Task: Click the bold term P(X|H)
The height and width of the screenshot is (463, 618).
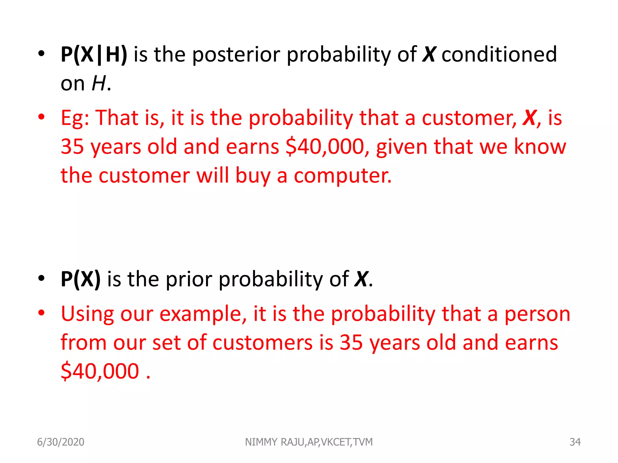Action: (94, 55)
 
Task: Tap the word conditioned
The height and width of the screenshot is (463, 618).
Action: (499, 55)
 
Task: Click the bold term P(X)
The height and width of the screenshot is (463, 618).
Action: (81, 279)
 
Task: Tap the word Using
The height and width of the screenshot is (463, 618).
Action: (87, 314)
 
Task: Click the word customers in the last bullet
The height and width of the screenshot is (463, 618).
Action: (263, 343)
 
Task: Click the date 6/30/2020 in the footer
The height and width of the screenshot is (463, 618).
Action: (61, 442)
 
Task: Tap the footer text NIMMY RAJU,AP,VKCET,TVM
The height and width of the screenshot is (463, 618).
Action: (309, 442)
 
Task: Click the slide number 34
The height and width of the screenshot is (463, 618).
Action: (575, 442)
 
